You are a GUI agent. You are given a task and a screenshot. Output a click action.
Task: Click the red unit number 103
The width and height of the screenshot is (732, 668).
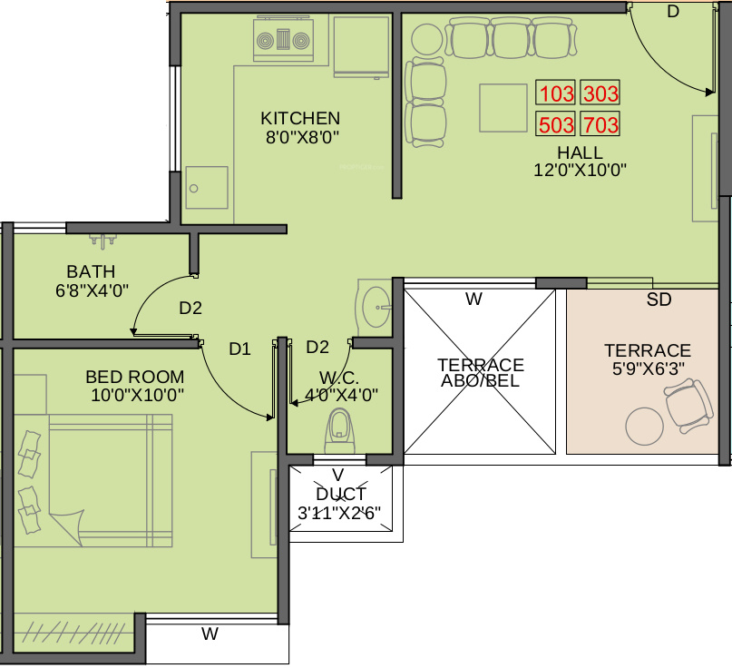coord(556,93)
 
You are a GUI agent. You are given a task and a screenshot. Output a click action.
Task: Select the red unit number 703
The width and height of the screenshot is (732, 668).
coord(600,124)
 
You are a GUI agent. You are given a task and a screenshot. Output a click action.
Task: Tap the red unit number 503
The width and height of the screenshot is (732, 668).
coord(556,124)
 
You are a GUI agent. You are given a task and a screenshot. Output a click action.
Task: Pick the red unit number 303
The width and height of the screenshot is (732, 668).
coord(600,93)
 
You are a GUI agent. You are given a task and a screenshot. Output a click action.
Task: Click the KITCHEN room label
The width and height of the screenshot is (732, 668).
coord(300,118)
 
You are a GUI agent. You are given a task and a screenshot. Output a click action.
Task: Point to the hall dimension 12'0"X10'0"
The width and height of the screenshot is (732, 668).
coord(580,170)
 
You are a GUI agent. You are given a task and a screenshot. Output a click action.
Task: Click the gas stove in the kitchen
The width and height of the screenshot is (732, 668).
coord(283,41)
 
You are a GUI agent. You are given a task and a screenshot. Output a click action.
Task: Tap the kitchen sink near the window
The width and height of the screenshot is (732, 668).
coord(207,188)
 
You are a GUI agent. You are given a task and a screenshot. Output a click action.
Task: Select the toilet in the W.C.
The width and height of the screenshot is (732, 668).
coord(338,428)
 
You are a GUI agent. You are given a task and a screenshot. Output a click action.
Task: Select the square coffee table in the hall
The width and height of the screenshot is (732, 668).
coord(503,108)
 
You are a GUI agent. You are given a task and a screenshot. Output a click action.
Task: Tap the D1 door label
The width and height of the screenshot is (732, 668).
coord(239,348)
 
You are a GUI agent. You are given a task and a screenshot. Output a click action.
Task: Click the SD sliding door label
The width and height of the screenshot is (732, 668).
coord(659,300)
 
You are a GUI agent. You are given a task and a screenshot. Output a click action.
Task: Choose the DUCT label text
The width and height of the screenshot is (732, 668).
coord(341,495)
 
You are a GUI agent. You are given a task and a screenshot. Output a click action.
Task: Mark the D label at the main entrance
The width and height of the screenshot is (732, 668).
coord(672,12)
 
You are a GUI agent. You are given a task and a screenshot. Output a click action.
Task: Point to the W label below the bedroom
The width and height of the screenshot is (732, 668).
coord(210,634)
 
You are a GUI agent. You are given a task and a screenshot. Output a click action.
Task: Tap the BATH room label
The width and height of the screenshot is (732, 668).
coord(91,271)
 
